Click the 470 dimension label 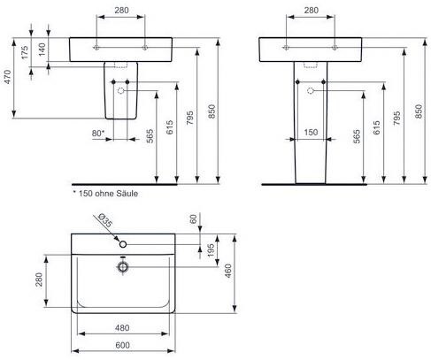click(x=8, y=77)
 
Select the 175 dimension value click(x=25, y=52)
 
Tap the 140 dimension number click(x=42, y=50)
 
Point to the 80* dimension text click(x=98, y=134)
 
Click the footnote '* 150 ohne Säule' click(x=105, y=194)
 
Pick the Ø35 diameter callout click(x=105, y=220)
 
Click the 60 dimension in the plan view click(x=193, y=219)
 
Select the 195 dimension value click(x=211, y=250)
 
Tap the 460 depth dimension click(x=228, y=271)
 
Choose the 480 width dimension click(x=122, y=327)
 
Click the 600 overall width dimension click(x=122, y=345)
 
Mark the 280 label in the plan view click(x=39, y=280)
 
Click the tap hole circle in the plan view click(x=123, y=244)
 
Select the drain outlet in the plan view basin click(x=123, y=267)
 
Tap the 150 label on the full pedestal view click(x=311, y=132)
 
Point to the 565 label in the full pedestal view click(x=357, y=136)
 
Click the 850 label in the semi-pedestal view click(x=212, y=111)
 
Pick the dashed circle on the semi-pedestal click(x=121, y=90)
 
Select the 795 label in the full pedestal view click(x=397, y=118)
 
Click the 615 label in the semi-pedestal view click(x=170, y=127)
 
